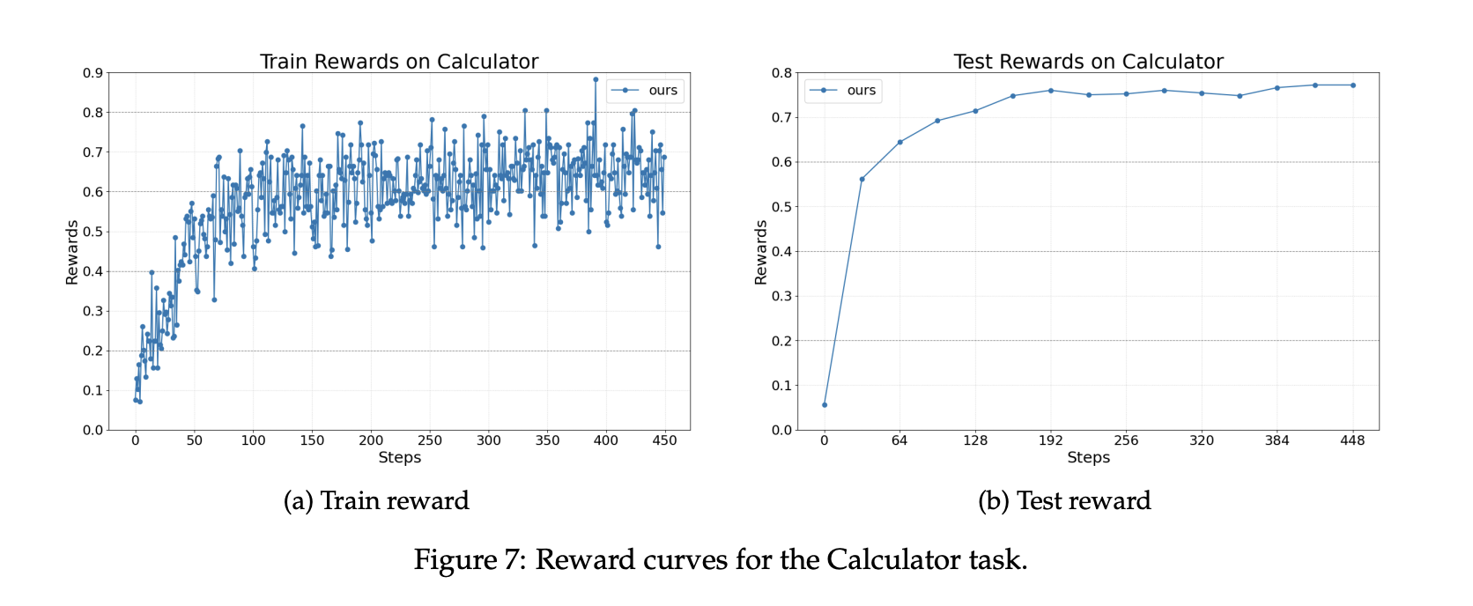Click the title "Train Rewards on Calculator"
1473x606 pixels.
click(x=399, y=62)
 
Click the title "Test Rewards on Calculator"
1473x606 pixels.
click(x=1088, y=62)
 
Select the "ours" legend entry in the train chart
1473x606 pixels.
click(x=662, y=91)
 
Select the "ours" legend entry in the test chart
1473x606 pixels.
click(x=861, y=91)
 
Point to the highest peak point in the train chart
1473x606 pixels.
click(x=596, y=79)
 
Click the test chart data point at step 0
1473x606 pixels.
click(x=825, y=405)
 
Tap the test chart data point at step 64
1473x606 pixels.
click(x=899, y=142)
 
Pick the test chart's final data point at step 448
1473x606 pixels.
click(x=1352, y=85)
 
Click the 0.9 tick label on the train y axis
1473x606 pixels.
click(x=93, y=73)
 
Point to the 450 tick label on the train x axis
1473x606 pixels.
click(x=664, y=440)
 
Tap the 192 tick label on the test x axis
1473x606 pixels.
click(x=1050, y=440)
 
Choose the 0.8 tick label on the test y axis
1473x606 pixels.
click(x=781, y=73)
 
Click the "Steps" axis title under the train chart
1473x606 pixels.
click(x=399, y=457)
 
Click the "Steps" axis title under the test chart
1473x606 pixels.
click(x=1088, y=457)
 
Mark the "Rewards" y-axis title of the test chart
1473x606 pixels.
click(x=761, y=252)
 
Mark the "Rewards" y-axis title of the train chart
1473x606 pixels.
click(x=72, y=252)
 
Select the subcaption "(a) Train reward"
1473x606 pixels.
click(x=376, y=500)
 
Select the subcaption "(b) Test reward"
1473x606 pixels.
click(x=1064, y=500)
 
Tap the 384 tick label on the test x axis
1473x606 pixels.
click(x=1277, y=440)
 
